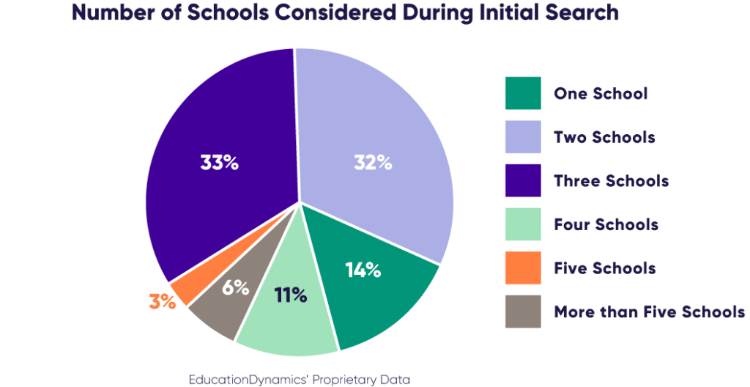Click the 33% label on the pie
click(x=220, y=163)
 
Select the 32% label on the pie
click(x=372, y=163)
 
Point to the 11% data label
click(x=291, y=295)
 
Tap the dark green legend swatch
click(x=522, y=93)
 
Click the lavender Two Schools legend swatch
click(x=522, y=136)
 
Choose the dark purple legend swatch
click(x=522, y=180)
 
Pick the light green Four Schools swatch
click(x=522, y=224)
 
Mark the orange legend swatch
click(x=522, y=268)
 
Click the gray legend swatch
click(x=522, y=312)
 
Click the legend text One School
click(x=601, y=93)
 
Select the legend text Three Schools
click(x=611, y=180)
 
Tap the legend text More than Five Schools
click(x=650, y=312)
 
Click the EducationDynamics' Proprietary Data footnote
click(x=298, y=379)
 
